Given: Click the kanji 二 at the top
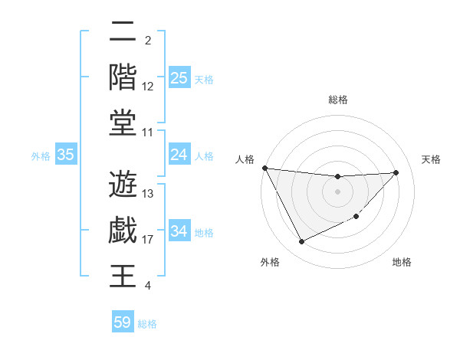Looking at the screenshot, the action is click(x=123, y=33).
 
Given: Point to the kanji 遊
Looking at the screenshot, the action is click(x=123, y=184).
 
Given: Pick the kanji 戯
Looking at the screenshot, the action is click(x=123, y=230).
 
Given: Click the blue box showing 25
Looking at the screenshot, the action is click(x=179, y=77).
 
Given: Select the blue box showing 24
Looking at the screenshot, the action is click(x=179, y=155).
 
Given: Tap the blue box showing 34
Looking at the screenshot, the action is click(x=179, y=232).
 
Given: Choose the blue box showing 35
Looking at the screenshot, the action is click(x=66, y=155).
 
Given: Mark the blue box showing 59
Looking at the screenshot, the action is click(x=123, y=322).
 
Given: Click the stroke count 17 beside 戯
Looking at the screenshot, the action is click(x=148, y=240).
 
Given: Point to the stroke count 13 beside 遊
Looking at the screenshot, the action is click(x=148, y=194).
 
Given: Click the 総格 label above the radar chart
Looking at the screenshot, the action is click(x=337, y=100).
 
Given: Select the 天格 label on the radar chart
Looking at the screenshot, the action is click(x=431, y=159).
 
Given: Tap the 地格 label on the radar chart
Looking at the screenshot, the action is click(x=402, y=263).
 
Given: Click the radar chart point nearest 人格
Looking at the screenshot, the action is click(x=264, y=168).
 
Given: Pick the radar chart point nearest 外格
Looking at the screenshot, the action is click(x=301, y=242).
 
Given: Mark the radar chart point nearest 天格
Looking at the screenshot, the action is click(x=396, y=172).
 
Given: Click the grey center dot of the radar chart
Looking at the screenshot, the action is click(x=337, y=191).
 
